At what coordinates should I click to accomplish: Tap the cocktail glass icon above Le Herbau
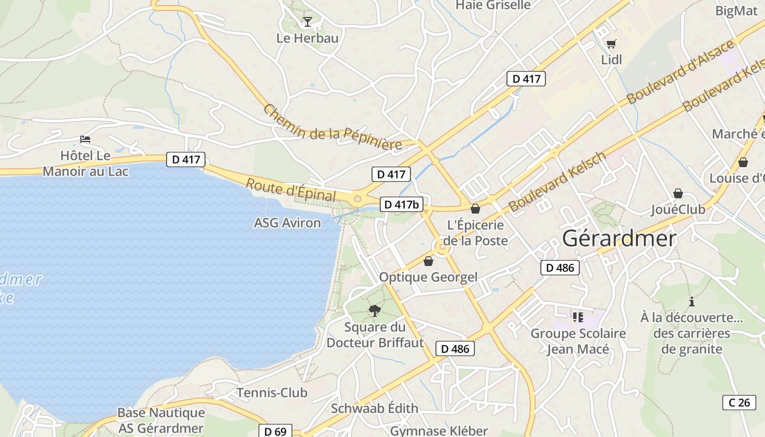(308, 22)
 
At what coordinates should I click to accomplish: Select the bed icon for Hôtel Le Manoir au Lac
(85, 139)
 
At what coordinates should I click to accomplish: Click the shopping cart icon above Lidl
(611, 44)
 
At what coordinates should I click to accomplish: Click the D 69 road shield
(275, 431)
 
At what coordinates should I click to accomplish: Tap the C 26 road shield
(739, 403)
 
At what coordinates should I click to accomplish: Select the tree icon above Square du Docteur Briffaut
(375, 311)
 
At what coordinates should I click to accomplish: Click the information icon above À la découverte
(692, 301)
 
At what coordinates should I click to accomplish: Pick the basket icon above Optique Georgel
(428, 261)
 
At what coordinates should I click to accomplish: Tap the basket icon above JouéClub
(678, 193)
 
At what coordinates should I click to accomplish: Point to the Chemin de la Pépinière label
(332, 128)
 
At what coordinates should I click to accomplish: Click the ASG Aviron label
(287, 223)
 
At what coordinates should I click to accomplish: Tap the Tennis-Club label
(272, 392)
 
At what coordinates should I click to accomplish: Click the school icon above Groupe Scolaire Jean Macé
(578, 317)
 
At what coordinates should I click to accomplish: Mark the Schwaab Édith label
(375, 408)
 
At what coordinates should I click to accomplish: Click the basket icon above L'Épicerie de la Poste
(475, 209)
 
